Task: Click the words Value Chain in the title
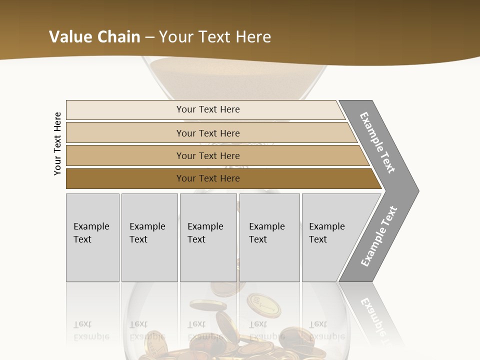coord(94,36)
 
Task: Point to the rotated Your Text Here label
coord(57,144)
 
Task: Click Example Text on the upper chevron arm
coord(377,142)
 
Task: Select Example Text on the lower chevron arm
coord(379,236)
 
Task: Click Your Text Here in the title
coord(215,36)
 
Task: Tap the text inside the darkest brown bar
coord(208,178)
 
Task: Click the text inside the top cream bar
coord(208,109)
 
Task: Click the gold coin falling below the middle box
coord(207,304)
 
